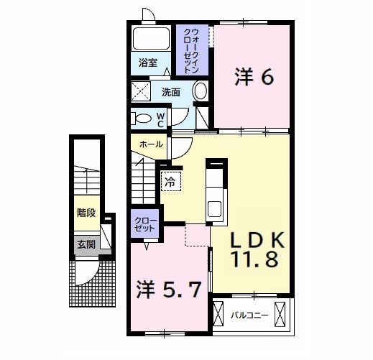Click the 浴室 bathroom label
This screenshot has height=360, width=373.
149,63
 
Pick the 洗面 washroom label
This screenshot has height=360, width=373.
170,92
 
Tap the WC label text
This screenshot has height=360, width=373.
161,119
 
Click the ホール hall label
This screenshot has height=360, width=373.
150,144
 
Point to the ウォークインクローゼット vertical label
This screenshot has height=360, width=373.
192,50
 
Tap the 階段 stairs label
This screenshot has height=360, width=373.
86,213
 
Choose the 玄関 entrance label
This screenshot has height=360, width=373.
85,244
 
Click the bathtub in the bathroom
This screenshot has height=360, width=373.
150,40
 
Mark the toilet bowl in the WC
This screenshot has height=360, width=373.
143,119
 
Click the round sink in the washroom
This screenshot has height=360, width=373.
201,92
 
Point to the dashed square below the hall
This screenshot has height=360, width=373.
195,235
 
